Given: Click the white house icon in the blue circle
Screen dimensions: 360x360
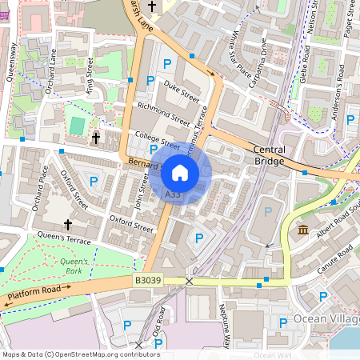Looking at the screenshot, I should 180,173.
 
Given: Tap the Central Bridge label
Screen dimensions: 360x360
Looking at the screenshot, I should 269,155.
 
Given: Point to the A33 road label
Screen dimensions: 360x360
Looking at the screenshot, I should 172,194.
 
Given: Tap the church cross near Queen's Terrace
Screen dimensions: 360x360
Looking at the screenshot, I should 67,225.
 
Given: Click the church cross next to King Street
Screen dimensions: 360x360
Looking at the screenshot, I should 96,138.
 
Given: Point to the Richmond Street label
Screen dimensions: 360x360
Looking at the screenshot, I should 164,115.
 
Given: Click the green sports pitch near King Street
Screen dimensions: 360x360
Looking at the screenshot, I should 77,126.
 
